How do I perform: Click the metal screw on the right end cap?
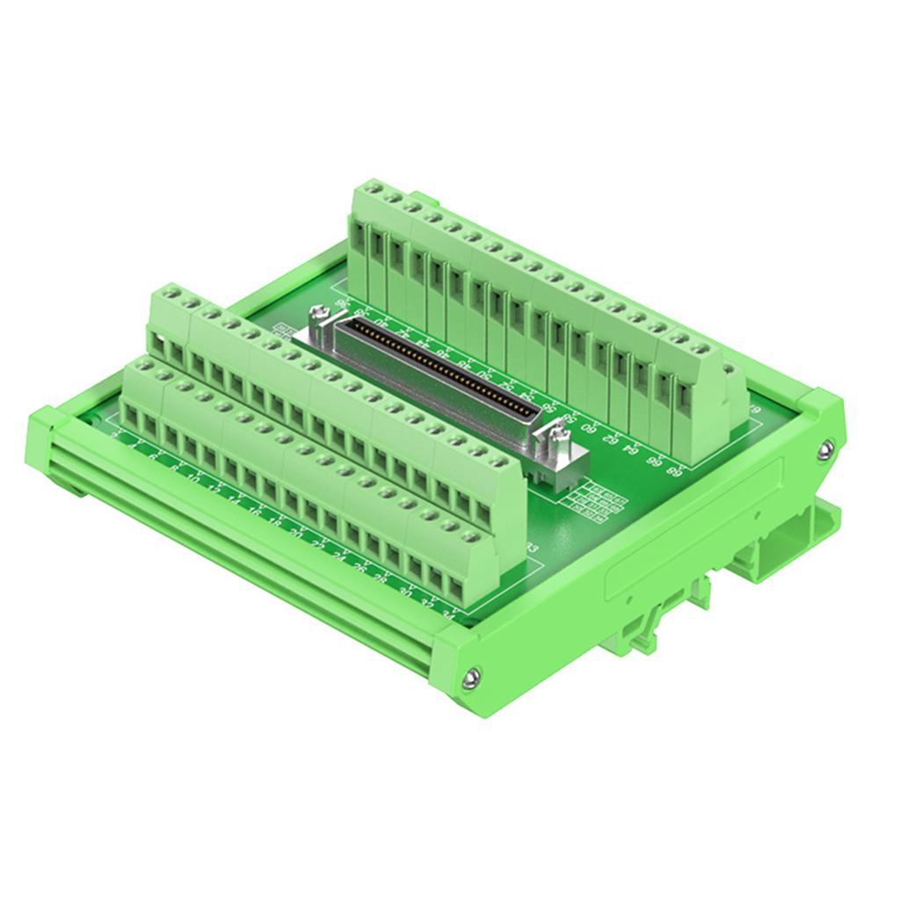coord(824,451)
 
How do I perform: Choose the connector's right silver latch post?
coord(555,434)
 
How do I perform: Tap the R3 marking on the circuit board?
coord(531,550)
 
